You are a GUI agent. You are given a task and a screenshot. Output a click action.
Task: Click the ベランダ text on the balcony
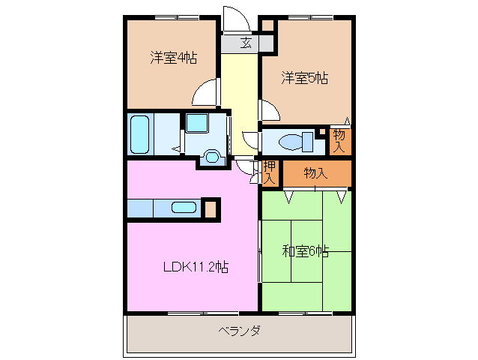click(240, 331)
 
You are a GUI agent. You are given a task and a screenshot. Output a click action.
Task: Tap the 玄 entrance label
click(245, 43)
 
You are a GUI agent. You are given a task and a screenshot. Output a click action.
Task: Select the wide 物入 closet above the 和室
click(315, 173)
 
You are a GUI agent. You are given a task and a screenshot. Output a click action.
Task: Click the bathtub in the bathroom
click(140, 134)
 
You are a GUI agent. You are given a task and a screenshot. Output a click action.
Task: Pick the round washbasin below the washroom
click(212, 157)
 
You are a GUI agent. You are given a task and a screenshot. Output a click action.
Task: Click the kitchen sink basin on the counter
click(184, 208)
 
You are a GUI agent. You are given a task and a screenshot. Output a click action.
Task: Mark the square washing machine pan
click(198, 124)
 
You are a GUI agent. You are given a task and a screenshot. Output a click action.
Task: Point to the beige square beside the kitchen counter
click(211, 208)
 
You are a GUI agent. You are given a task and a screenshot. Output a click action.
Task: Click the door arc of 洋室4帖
click(205, 95)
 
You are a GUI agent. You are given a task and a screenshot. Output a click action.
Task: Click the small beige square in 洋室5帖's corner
click(267, 28)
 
